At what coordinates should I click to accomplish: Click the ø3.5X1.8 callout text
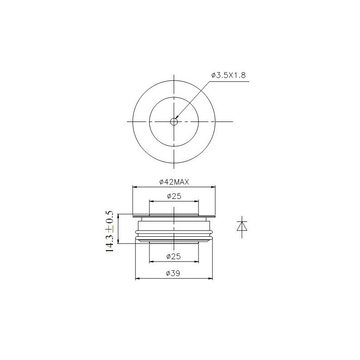[x=229, y=75]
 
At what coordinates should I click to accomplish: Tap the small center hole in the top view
[x=174, y=121]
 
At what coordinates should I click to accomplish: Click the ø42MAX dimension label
[x=174, y=182]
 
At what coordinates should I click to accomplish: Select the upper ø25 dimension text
[x=174, y=196]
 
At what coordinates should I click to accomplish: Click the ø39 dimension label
[x=173, y=273]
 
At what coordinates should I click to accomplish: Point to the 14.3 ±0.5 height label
[x=109, y=231]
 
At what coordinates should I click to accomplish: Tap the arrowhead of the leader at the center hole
[x=176, y=119]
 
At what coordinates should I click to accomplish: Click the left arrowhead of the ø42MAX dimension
[x=135, y=187]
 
